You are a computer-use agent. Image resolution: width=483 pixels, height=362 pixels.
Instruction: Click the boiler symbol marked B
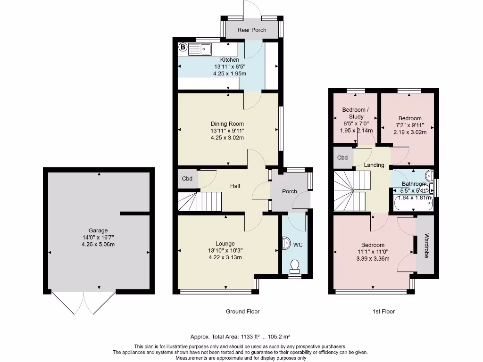click(x=183, y=47)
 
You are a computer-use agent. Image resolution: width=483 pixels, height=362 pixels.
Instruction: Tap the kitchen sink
click(x=200, y=49)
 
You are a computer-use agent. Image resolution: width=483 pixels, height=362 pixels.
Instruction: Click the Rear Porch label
click(x=252, y=30)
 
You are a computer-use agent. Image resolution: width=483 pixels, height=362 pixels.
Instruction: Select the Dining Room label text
click(x=227, y=124)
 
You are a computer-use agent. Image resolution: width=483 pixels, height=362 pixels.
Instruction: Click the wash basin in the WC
click(x=286, y=243)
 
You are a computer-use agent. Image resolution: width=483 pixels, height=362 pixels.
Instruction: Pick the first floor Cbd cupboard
click(x=343, y=157)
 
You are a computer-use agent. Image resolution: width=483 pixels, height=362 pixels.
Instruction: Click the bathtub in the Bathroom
click(x=413, y=203)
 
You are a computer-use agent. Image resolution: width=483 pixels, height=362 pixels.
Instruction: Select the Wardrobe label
click(x=426, y=246)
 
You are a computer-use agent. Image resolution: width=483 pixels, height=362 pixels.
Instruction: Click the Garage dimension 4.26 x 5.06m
click(x=98, y=245)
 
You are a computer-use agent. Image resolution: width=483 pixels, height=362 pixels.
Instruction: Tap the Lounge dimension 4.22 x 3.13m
click(x=225, y=257)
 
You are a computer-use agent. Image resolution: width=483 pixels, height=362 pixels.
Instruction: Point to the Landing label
click(x=374, y=165)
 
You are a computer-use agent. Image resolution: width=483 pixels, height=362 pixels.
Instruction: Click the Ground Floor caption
click(x=243, y=312)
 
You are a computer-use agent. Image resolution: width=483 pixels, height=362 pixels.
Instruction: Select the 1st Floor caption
click(x=383, y=312)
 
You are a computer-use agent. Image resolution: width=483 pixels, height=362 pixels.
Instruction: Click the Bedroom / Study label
click(x=356, y=113)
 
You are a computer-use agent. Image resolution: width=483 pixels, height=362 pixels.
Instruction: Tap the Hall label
click(x=235, y=186)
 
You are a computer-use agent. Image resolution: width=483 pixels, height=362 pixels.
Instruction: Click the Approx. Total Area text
click(x=240, y=337)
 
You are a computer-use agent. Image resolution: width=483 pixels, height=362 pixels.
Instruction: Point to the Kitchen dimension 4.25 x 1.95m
click(x=230, y=74)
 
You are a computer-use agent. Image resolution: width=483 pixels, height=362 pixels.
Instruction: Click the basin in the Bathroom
click(x=430, y=176)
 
